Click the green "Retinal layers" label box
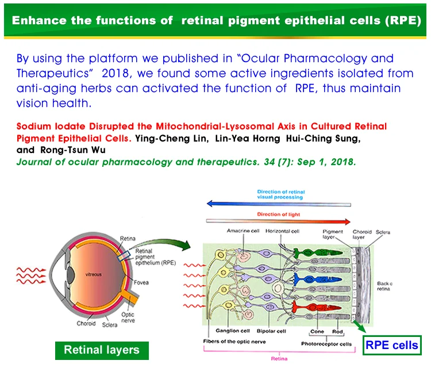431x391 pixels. [101, 349]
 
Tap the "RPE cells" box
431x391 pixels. [392, 345]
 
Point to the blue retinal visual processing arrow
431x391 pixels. [279, 203]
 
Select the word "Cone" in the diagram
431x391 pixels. [317, 331]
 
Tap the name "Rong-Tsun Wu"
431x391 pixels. [54, 149]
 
